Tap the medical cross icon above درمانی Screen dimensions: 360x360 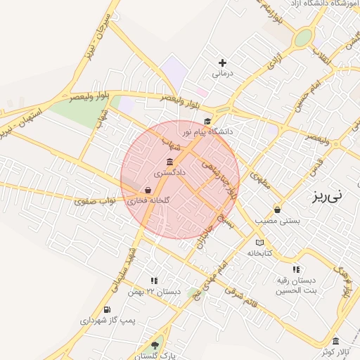222,63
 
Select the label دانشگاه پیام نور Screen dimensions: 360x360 207,131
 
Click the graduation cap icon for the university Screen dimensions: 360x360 207,122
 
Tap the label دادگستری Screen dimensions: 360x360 170,172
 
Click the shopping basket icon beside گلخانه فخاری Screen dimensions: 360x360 148,190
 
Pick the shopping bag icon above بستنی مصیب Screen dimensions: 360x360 277,210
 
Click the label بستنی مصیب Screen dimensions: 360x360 276,220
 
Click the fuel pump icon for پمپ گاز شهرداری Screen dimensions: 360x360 107,309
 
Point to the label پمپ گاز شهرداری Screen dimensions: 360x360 108,320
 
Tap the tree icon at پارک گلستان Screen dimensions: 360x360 155,345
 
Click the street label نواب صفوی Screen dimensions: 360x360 95,201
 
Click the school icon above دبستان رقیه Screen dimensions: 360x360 296,269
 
